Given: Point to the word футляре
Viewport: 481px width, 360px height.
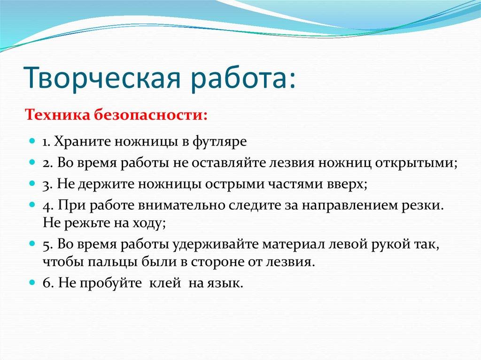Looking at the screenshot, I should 223,141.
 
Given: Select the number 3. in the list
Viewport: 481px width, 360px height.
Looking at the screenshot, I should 48,184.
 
